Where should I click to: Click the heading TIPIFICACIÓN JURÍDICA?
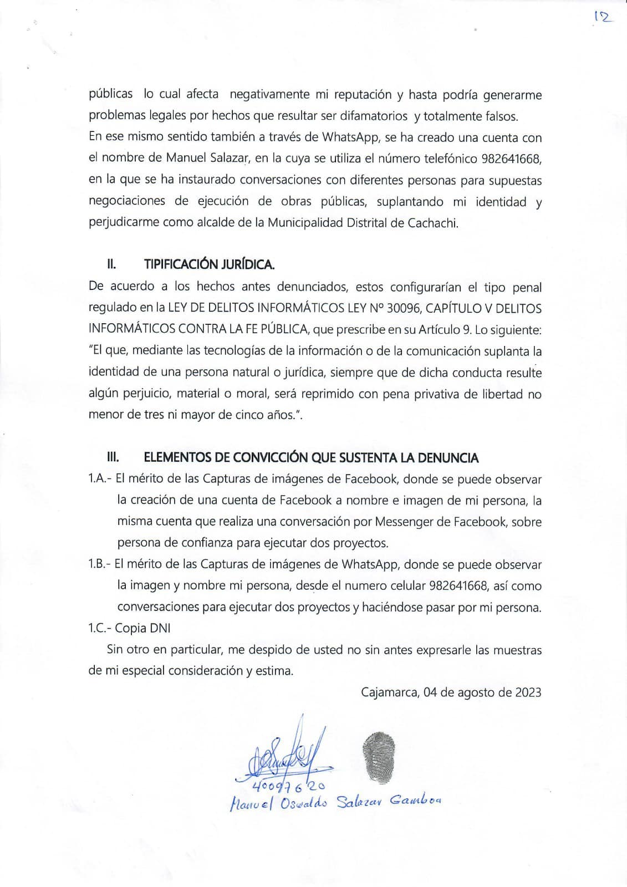(209, 264)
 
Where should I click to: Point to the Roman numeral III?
(113, 457)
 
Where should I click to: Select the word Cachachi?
(432, 223)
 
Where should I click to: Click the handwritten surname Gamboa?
(416, 801)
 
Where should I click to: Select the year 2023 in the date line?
(528, 692)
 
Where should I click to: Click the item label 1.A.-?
(100, 479)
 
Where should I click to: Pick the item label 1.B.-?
(100, 564)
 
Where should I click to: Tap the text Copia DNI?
(143, 628)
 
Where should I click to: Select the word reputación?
(361, 94)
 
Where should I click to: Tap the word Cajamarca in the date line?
(389, 692)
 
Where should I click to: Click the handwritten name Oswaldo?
(303, 802)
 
